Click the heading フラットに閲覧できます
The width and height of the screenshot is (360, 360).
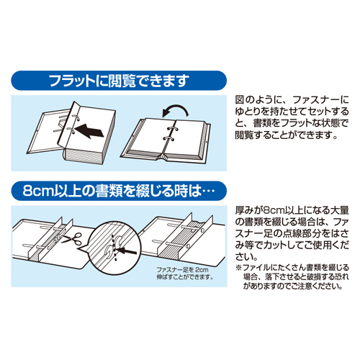(118, 81)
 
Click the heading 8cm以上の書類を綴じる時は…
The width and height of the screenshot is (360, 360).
(118, 191)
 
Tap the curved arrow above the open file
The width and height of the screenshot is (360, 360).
(175, 111)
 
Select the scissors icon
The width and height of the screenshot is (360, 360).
(72, 239)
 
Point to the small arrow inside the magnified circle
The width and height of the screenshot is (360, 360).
(127, 251)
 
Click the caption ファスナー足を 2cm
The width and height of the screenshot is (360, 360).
(182, 269)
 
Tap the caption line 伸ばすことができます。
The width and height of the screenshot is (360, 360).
(185, 276)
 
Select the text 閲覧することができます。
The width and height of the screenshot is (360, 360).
(287, 135)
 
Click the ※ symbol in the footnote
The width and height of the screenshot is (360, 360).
(238, 268)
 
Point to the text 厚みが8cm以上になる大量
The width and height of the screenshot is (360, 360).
(292, 210)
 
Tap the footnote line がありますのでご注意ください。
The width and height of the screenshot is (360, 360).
(292, 286)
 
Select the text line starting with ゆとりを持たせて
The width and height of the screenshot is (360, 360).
(292, 112)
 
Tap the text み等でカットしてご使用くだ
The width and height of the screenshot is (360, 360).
(292, 246)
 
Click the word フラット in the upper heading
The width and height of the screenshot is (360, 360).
(72, 81)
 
